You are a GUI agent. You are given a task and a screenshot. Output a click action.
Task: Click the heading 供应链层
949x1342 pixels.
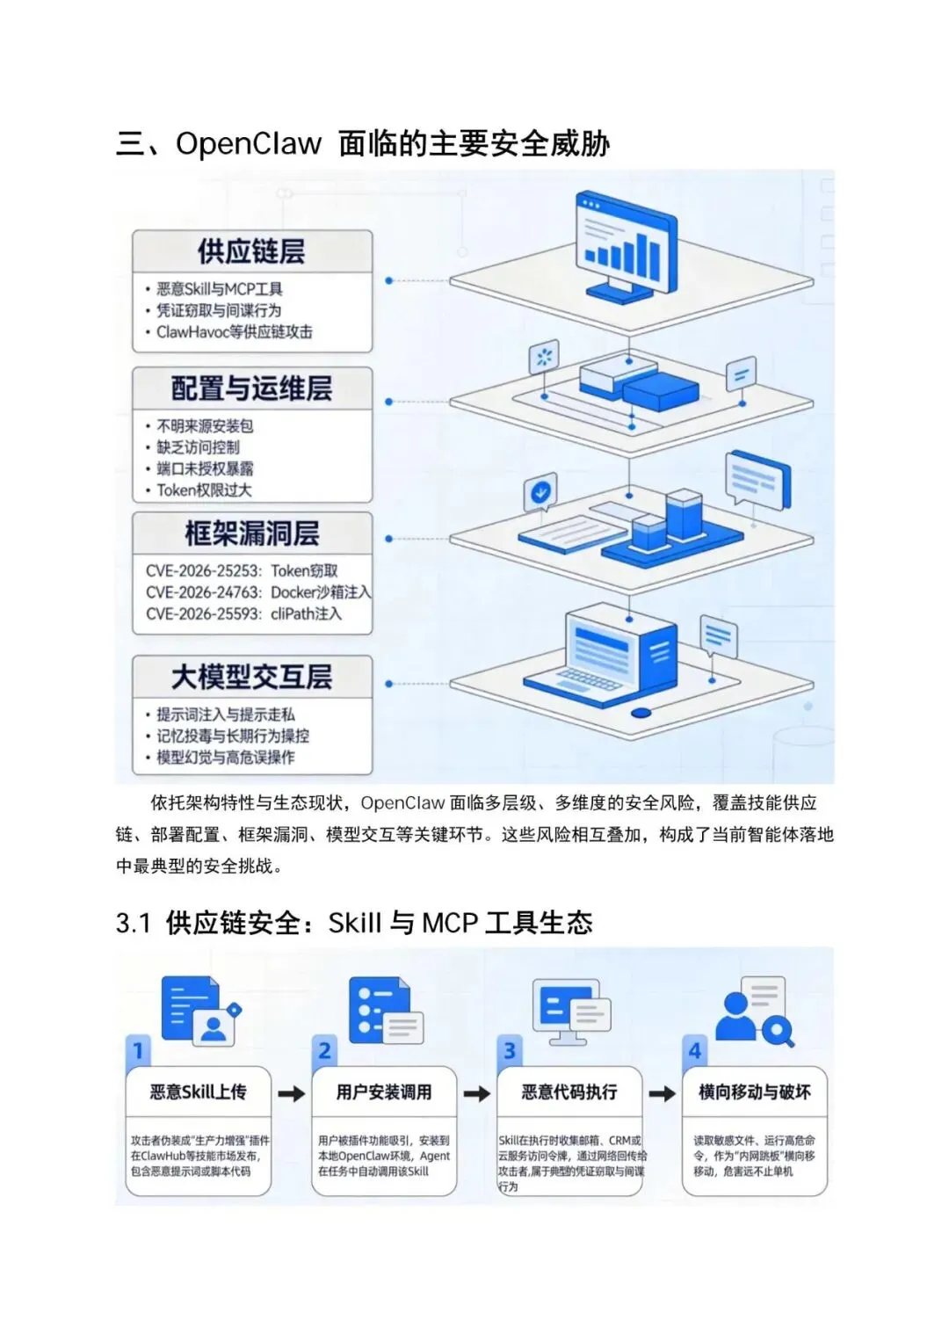251,251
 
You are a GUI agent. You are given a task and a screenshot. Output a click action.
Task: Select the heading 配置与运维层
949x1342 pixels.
251,388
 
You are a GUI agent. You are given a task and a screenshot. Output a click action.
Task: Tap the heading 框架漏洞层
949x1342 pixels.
251,533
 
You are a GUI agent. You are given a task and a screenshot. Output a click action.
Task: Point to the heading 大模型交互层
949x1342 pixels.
251,677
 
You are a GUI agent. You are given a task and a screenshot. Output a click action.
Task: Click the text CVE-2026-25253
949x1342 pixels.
203,571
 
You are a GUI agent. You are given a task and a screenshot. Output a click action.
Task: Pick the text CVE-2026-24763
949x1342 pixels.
203,592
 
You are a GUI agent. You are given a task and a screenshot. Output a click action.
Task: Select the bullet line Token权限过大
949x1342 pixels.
204,490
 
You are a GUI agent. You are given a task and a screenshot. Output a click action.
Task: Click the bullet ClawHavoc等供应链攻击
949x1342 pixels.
234,332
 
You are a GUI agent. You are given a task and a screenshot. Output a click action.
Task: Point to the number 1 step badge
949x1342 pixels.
138,1050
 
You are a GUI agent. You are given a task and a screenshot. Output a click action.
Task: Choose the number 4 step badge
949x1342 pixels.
695,1050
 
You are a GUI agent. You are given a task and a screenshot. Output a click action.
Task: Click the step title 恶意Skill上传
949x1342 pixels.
198,1092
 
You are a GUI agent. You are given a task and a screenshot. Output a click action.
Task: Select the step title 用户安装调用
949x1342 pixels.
384,1092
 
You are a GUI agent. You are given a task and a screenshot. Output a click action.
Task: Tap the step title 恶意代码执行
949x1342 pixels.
569,1092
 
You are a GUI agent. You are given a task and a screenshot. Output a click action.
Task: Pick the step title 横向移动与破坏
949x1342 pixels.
755,1092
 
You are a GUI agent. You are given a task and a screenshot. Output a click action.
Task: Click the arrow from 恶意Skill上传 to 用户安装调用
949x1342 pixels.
292,1094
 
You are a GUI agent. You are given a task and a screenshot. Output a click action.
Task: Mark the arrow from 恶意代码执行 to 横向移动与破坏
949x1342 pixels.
663,1094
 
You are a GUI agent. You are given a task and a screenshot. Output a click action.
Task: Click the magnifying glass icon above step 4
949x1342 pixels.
777,1029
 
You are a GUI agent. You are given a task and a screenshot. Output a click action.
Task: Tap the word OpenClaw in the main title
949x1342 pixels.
249,143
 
